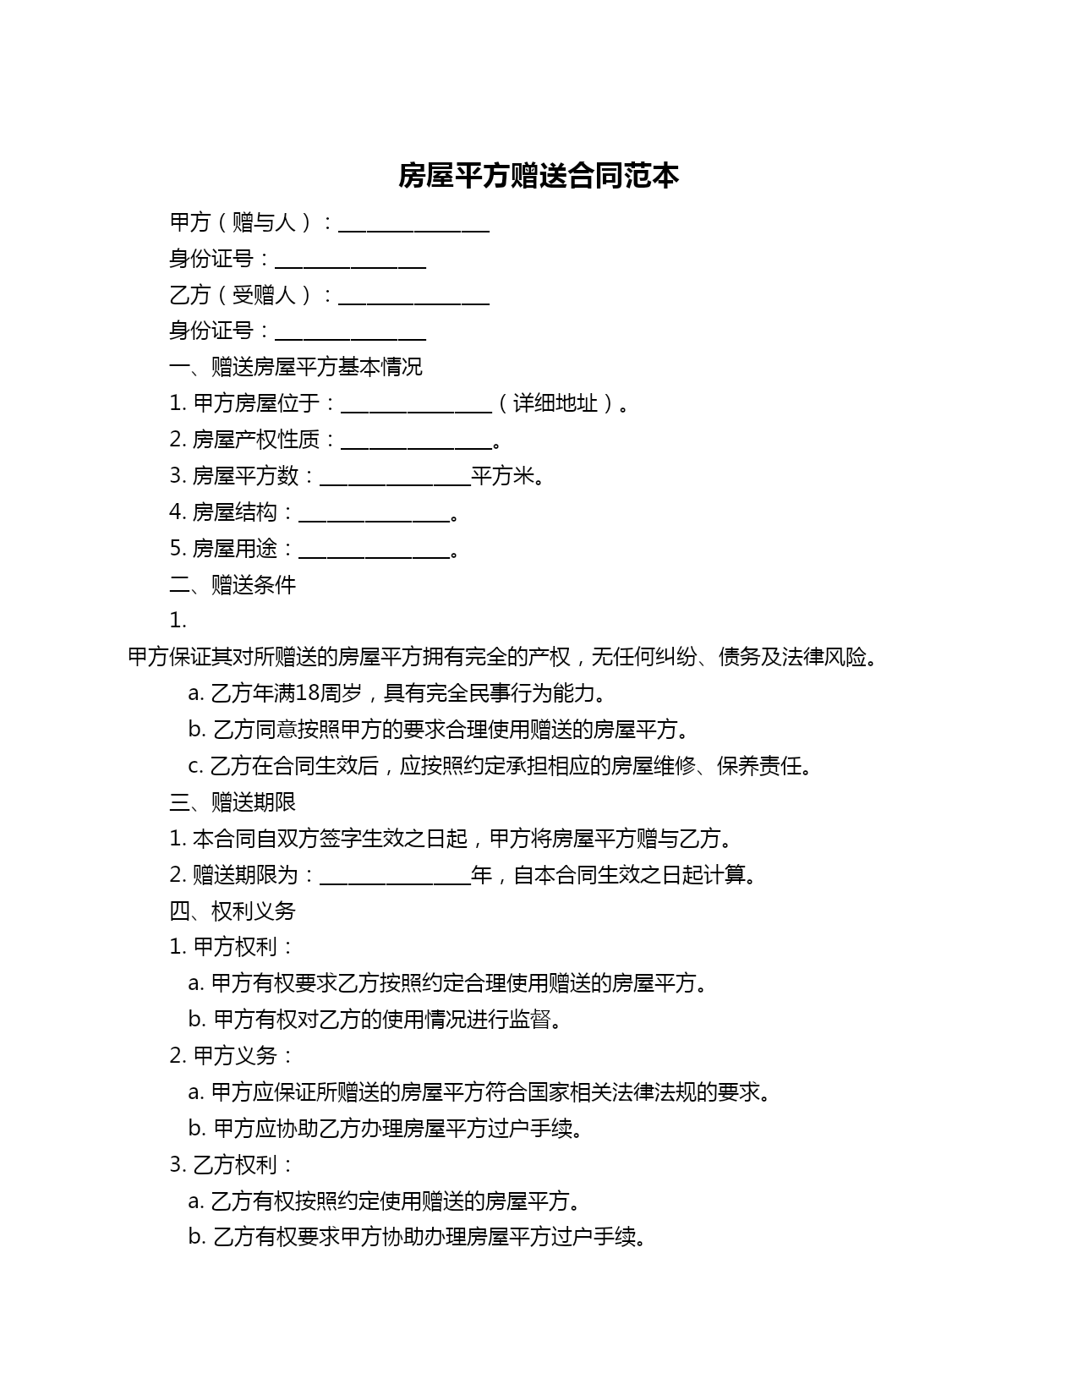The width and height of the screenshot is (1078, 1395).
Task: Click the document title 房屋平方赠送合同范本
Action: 539,176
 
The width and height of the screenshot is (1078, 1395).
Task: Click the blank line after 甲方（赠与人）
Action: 413,225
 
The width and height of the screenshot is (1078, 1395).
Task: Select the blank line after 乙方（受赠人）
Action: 413,298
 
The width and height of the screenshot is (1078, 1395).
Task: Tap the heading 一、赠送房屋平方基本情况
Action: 296,367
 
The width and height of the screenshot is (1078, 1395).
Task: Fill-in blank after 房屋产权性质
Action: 415,441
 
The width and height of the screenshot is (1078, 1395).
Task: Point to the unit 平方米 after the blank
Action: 503,476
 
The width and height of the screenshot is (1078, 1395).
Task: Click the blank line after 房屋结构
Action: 375,514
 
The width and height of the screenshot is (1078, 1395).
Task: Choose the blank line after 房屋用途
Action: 375,550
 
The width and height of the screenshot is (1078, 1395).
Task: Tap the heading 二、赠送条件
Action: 233,585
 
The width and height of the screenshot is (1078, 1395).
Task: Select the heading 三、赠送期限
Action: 233,802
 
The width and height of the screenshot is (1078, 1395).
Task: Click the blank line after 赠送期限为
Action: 395,877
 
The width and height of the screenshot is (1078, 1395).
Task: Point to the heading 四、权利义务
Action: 233,911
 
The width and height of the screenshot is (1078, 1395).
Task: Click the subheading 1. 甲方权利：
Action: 232,947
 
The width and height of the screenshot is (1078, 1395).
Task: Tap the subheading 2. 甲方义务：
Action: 232,1056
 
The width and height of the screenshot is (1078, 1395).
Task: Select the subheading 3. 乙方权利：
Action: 232,1165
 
